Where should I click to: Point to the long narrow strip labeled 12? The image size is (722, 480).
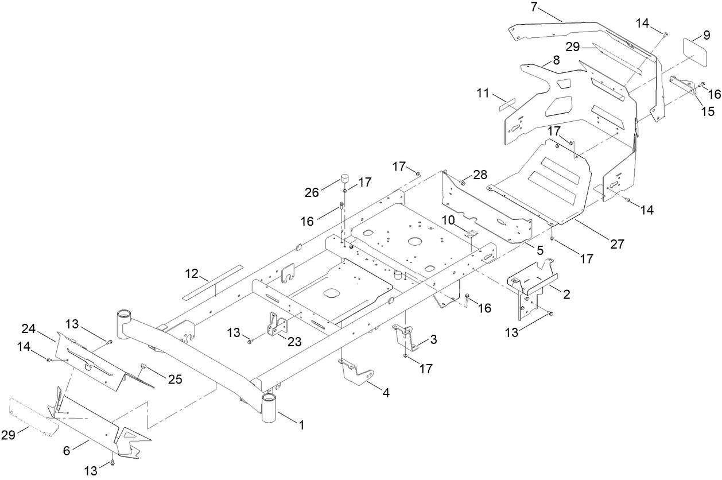tap(212, 282)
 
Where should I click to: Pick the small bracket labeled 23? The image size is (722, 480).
tap(276, 325)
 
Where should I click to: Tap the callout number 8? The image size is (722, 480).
tap(556, 60)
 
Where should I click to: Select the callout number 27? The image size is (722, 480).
tap(616, 244)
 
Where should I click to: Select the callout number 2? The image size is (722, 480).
tap(566, 295)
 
